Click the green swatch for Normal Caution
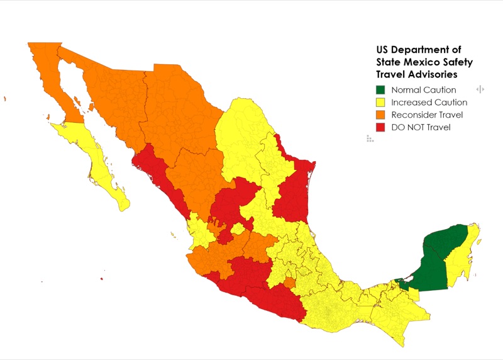381,90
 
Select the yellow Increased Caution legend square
381,102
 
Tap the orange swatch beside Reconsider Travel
381,115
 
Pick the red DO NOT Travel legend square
381,127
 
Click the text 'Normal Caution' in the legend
423,90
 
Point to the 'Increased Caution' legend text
429,102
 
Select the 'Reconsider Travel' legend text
426,115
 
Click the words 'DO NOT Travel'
421,127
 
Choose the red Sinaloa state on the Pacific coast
160,179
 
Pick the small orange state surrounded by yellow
289,284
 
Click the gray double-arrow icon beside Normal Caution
480,89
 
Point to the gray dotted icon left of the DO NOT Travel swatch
370,138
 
